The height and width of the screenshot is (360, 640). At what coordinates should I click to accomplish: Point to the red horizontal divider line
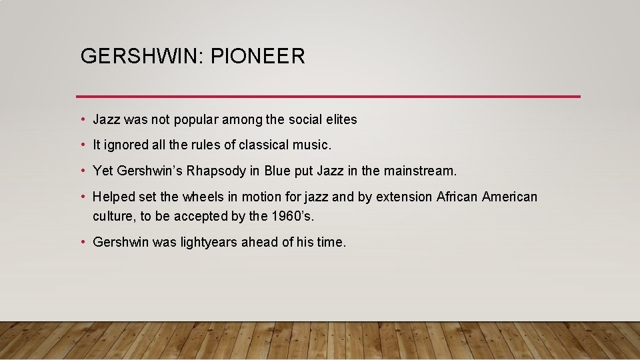click(x=328, y=97)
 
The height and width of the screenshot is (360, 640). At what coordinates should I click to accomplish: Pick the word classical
click(x=265, y=145)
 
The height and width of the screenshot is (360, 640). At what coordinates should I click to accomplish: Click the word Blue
click(x=277, y=171)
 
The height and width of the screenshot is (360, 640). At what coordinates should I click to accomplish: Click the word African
click(x=457, y=197)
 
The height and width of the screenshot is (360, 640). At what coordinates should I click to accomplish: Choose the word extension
click(x=404, y=197)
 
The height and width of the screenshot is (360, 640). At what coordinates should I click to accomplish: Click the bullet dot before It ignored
click(x=82, y=145)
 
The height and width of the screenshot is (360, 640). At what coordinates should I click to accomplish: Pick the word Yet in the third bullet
click(x=103, y=171)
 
